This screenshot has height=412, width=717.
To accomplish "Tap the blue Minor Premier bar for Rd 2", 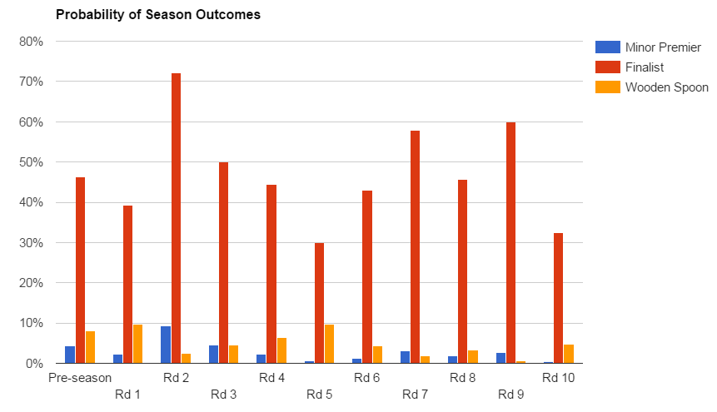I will click(166, 345).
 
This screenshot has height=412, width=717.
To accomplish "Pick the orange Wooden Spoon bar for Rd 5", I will click(329, 344).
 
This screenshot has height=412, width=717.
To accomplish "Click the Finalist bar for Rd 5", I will click(319, 303).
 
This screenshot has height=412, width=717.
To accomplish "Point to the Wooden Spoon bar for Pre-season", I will click(90, 347).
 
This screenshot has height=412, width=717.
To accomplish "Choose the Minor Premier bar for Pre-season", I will click(70, 355).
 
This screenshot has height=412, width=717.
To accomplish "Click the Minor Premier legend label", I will click(663, 47).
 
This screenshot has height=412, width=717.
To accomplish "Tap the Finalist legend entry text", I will click(645, 67).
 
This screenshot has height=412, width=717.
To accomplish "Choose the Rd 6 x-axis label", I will click(366, 378).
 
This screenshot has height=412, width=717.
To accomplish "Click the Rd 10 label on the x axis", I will click(558, 378).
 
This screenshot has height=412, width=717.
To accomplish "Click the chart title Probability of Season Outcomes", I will click(157, 16).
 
